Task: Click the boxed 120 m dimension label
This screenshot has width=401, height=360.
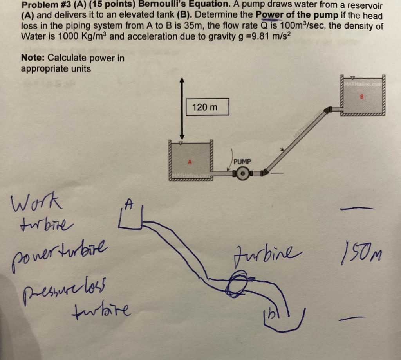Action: click(205, 107)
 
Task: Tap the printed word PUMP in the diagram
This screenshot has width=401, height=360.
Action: click(242, 161)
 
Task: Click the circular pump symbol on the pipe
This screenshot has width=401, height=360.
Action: click(243, 173)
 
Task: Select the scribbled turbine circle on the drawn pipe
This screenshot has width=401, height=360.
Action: click(238, 282)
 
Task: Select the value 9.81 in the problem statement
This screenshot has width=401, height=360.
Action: click(262, 36)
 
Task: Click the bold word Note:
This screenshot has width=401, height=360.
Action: click(34, 58)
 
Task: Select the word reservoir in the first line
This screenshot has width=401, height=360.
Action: click(363, 6)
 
